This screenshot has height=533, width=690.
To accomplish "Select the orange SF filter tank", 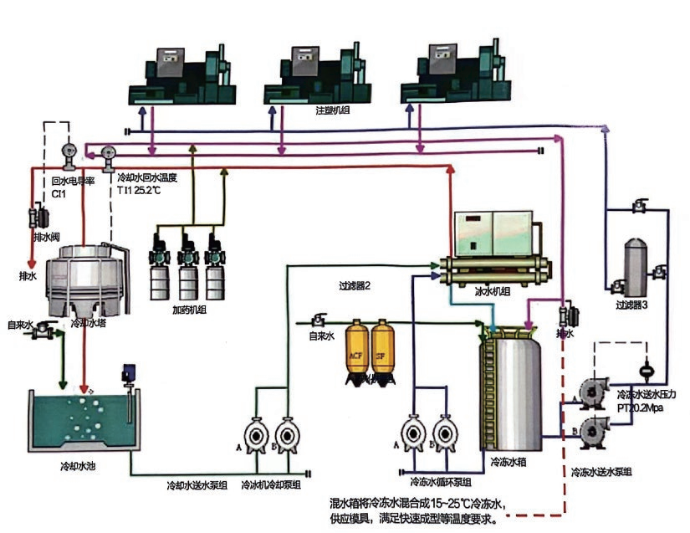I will point(383,351).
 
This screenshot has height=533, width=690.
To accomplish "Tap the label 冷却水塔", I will point(87,322).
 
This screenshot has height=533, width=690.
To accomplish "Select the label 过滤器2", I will point(354,285).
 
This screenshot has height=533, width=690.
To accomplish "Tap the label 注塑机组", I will point(333,110).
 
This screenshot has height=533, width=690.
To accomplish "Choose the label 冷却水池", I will point(78,466).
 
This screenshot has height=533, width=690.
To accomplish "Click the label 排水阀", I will point(47,238).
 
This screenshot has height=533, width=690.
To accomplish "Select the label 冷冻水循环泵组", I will point(440,483).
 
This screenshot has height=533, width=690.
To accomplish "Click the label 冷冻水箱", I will point(509,461).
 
